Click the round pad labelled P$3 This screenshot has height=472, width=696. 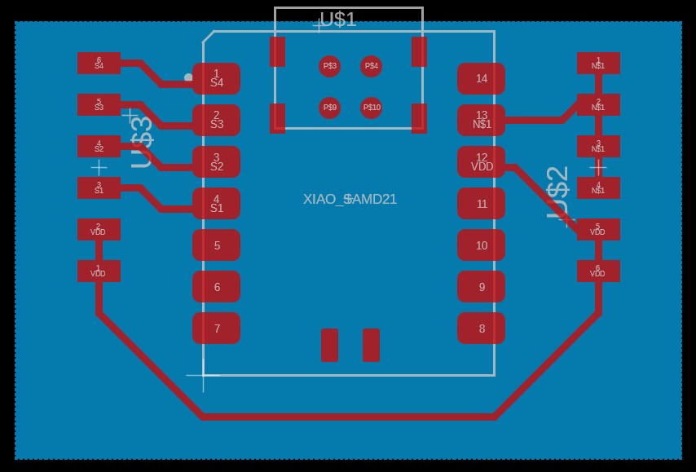pos(329,65)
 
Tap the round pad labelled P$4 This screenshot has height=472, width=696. pos(372,65)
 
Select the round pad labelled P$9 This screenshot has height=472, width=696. pos(329,107)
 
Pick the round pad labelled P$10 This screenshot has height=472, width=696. pos(372,107)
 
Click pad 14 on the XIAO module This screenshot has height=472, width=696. pos(481,79)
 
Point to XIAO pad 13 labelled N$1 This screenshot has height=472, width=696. pos(481,121)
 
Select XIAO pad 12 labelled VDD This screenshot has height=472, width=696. pos(481,162)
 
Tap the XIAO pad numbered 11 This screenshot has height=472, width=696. pos(481,204)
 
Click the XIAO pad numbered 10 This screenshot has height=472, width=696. pos(481,245)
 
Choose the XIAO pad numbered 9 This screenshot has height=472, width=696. pos(481,287)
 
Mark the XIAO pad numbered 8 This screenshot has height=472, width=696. pos(481,329)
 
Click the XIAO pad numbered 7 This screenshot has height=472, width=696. pos(217,329)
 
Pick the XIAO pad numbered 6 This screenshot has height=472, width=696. pos(217,287)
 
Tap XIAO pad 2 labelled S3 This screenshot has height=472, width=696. pos(217,121)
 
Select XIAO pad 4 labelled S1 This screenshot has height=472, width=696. pos(217,204)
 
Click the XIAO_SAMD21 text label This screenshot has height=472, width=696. pos(350,199)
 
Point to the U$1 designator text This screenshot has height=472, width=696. pos(338,20)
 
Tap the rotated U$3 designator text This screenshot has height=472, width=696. pos(142,142)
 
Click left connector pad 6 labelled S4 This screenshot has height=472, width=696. pos(99,64)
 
